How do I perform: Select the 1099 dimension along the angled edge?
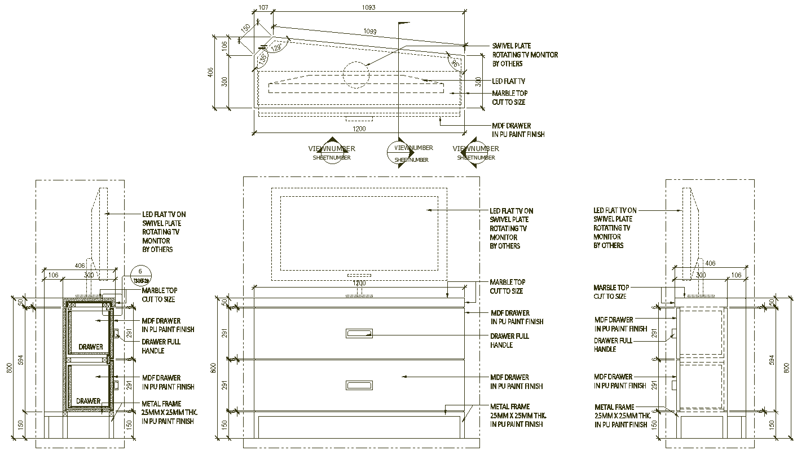[370, 31]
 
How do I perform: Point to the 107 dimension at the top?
[263, 7]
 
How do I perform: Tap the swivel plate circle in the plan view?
[356, 74]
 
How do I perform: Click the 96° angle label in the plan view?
[454, 63]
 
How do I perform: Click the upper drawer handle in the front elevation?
[359, 334]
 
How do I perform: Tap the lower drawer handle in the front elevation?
[359, 386]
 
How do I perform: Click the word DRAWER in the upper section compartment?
[91, 347]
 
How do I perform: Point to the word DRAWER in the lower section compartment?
[89, 401]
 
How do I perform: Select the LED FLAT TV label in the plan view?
[508, 82]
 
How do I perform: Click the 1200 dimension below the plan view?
[359, 129]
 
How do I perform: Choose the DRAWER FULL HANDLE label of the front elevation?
[509, 341]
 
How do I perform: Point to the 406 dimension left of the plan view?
[210, 73]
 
